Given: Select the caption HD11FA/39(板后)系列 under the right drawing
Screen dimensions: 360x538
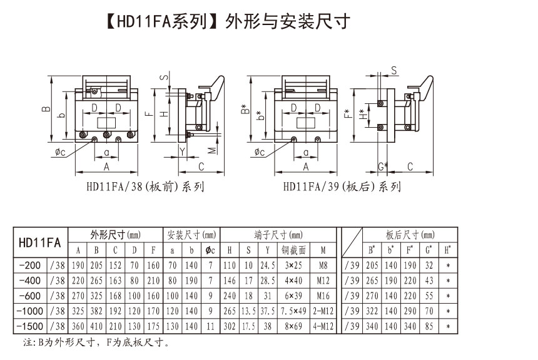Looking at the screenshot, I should pos(342,186).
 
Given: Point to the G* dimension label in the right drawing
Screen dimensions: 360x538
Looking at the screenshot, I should pos(383,166).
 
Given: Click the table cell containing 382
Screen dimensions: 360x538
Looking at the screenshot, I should pos(96,312).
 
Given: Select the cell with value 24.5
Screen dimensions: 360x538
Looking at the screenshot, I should pos(267,265).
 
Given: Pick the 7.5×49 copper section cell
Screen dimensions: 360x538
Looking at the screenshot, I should pos(292,312).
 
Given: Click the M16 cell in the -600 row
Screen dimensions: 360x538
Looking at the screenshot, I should pos(322,296).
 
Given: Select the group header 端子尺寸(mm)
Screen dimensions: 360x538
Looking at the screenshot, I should pos(278,235).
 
